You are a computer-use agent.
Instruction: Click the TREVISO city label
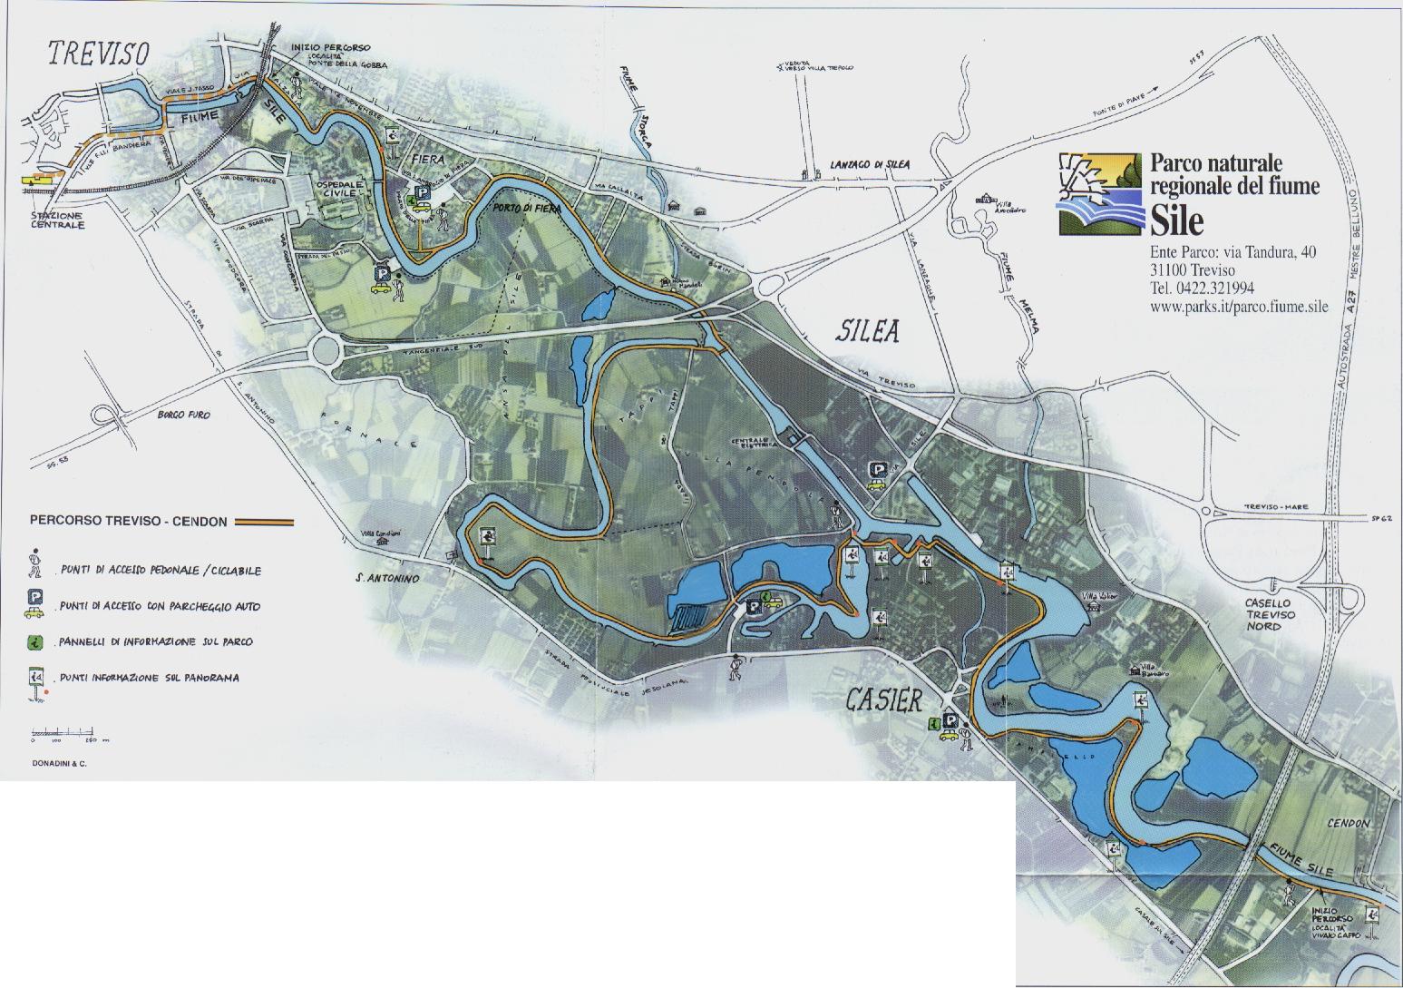(98, 54)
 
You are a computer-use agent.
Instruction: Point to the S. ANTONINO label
(386, 578)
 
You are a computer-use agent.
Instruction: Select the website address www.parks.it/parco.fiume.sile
(1238, 307)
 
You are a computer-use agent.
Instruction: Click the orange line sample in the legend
(264, 523)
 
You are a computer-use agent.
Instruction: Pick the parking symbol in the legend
(36, 600)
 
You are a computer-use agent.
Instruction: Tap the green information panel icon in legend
(36, 641)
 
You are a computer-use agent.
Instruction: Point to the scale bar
(62, 731)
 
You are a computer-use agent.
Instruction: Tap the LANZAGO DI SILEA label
(869, 164)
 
